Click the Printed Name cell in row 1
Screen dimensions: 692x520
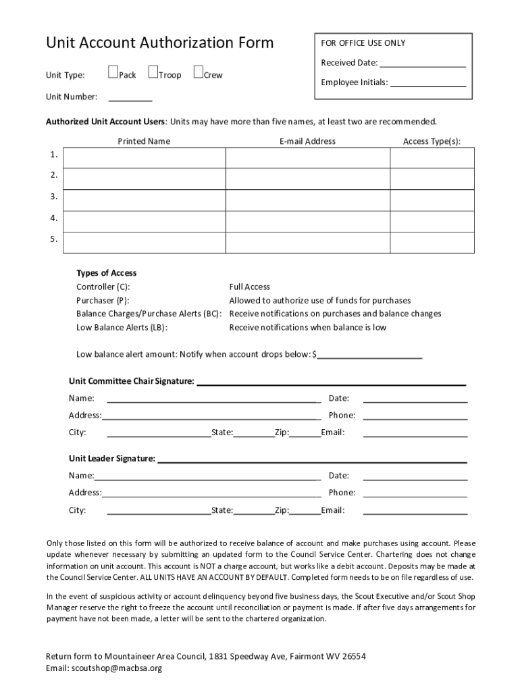coord(144,157)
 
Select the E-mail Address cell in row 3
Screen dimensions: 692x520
coord(307,200)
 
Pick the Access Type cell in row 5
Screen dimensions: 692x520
coord(432,242)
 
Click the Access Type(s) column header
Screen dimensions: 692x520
coord(432,141)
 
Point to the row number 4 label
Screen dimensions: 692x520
coord(53,218)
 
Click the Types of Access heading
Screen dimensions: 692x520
coord(106,273)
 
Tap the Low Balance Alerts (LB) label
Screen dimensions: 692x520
coord(122,327)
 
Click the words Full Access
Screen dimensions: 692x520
coord(249,287)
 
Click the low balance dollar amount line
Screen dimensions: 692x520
coord(370,355)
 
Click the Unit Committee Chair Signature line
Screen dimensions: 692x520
coord(331,382)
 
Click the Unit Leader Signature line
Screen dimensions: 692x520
coord(311,460)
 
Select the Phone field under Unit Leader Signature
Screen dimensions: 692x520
coord(415,493)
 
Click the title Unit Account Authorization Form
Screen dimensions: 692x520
coord(159,43)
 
